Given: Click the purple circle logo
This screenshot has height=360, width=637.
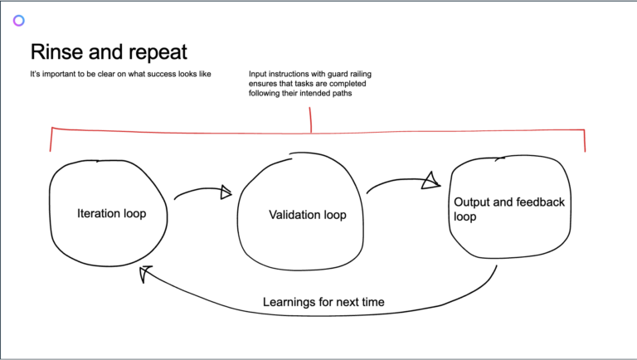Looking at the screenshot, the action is (19, 20).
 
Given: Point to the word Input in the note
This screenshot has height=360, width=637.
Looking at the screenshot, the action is (257, 75).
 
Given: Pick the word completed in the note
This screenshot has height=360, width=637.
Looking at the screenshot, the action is (349, 84).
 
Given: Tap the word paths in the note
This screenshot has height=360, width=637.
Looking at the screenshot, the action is (343, 94).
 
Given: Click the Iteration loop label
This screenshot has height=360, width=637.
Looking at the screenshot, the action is (112, 213).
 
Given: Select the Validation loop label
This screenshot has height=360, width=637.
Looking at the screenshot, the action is (308, 215).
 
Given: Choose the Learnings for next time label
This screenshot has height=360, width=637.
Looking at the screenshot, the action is (323, 302).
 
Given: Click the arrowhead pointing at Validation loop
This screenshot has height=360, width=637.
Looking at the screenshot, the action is (226, 192).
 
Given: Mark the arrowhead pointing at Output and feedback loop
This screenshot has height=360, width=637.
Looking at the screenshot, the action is (431, 181).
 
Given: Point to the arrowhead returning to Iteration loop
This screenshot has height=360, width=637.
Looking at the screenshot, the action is (145, 274).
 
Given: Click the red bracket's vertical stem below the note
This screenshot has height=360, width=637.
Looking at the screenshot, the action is (311, 120).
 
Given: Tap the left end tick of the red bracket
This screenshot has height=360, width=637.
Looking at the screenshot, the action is (51, 139).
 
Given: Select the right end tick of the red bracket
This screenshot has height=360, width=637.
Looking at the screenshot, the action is (585, 140).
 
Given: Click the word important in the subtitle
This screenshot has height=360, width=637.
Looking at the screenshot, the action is (63, 75).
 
